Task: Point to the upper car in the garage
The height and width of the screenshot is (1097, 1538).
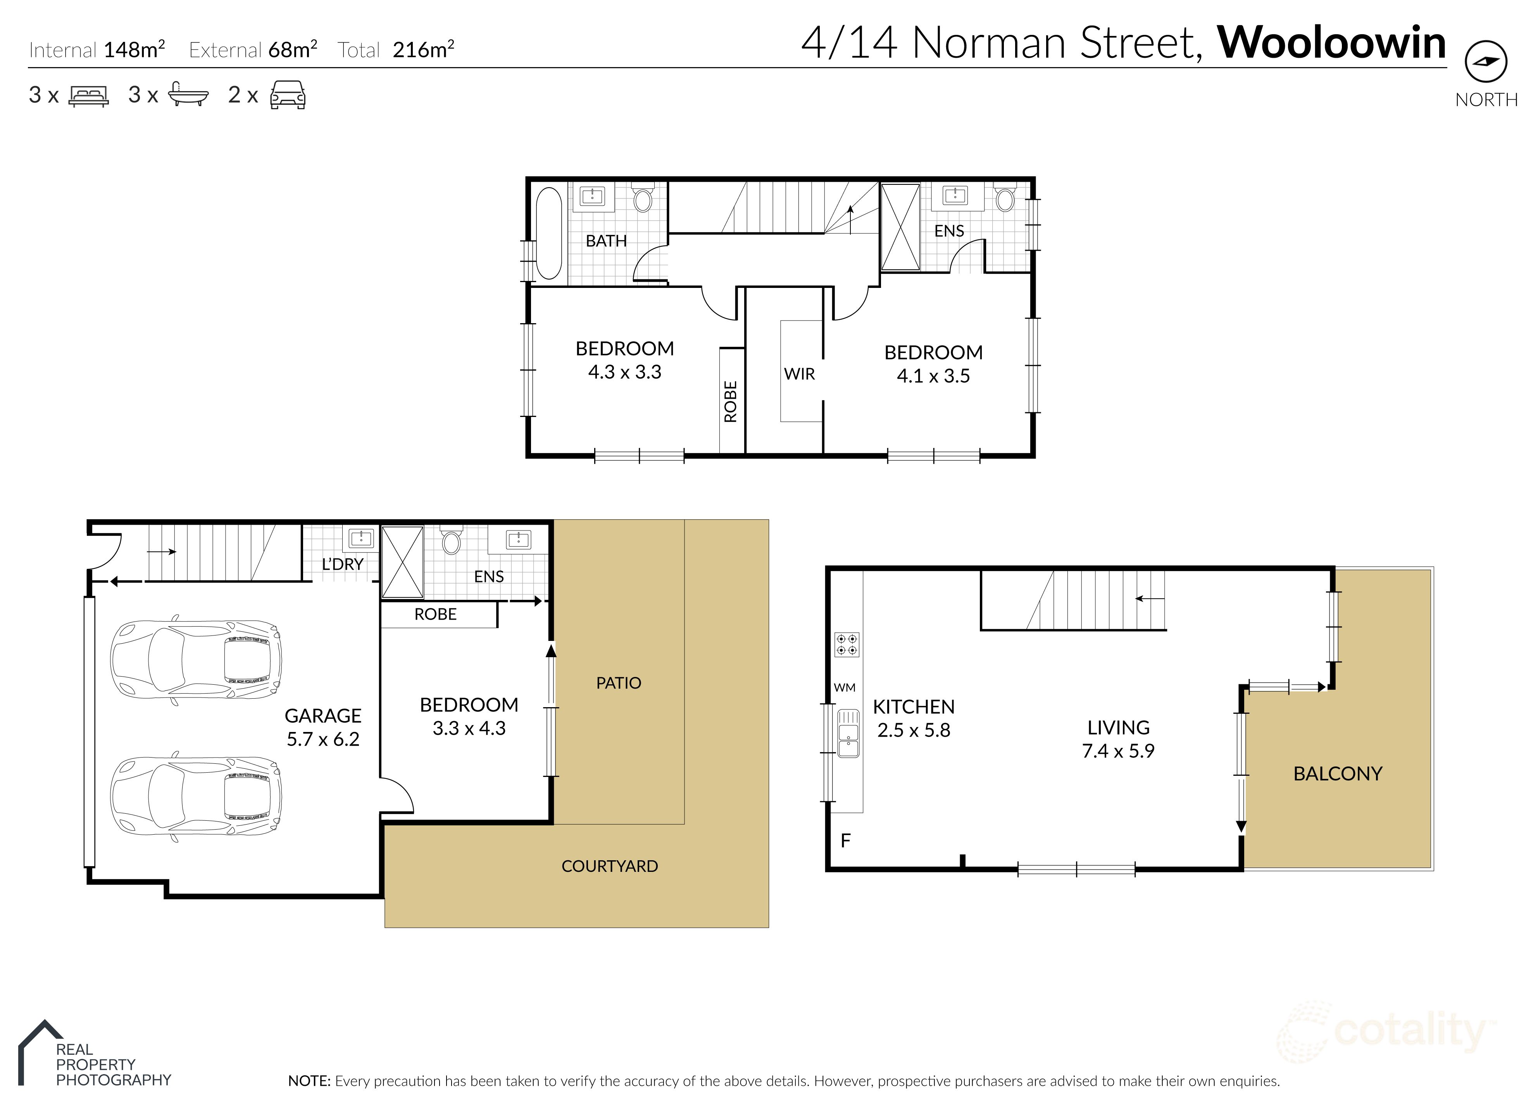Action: tap(196, 659)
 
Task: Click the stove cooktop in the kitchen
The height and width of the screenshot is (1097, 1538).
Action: tap(847, 644)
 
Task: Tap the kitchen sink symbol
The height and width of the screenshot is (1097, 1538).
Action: tap(848, 733)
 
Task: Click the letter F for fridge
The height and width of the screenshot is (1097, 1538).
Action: tap(845, 841)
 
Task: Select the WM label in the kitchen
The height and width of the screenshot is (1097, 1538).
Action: tap(844, 688)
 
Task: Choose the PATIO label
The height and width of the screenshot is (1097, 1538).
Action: tap(618, 683)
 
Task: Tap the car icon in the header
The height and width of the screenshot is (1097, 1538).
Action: tap(288, 95)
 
